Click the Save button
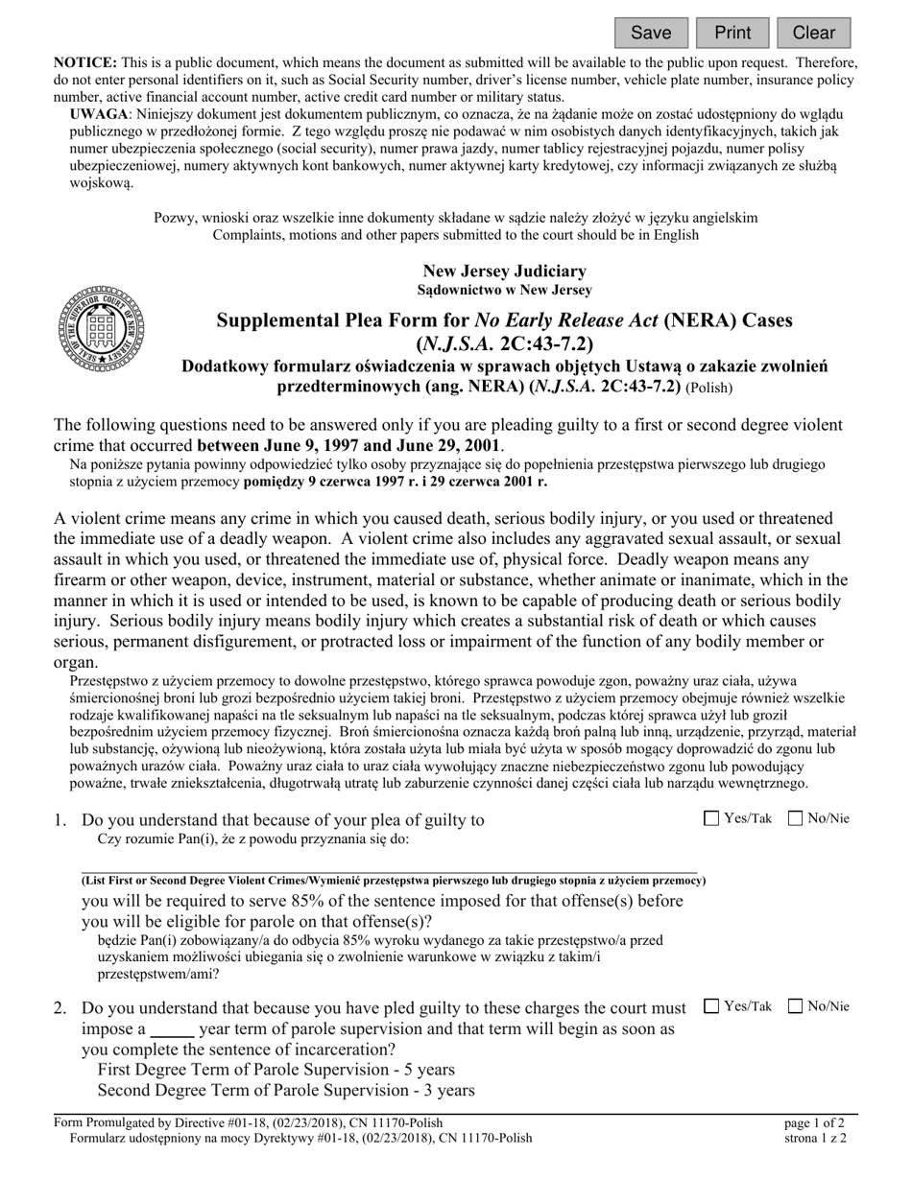651,33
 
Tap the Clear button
813,33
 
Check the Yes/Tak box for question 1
711,818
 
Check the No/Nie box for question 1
796,818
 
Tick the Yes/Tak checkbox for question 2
711,1006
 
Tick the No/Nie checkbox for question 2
796,1006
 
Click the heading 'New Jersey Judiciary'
504,271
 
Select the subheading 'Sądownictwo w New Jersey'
504,290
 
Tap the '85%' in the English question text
316,902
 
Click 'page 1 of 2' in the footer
815,1122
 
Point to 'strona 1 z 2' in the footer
815,1139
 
